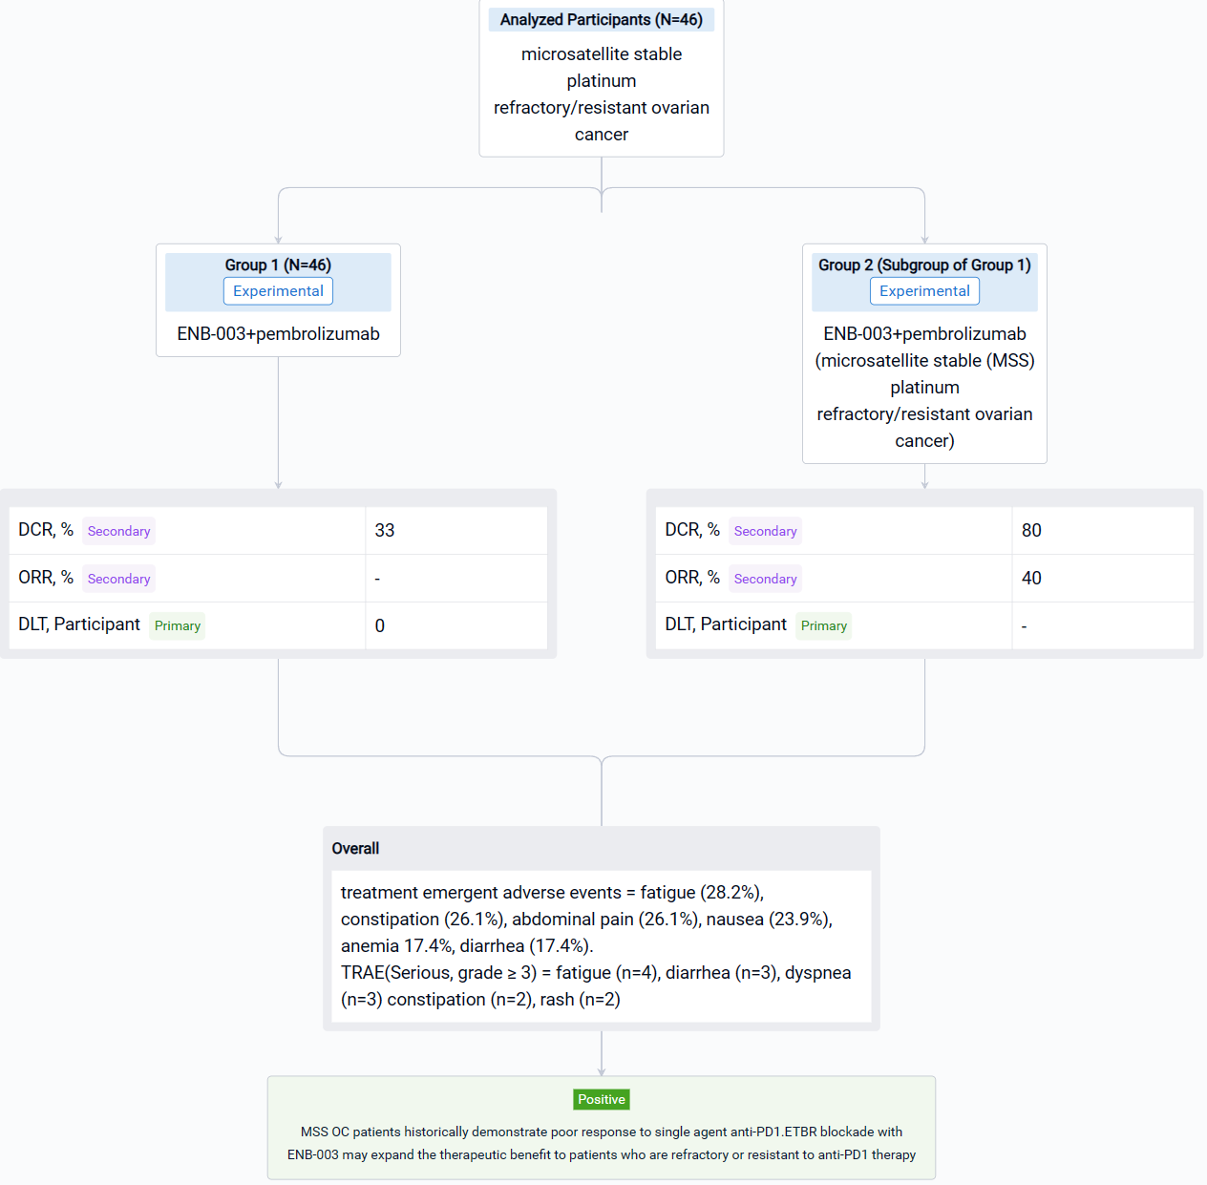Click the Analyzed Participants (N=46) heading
point(602,19)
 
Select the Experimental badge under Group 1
point(278,291)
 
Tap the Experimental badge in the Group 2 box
point(924,291)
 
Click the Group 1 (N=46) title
point(278,265)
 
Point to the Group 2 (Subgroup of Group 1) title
point(924,265)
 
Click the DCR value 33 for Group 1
point(385,530)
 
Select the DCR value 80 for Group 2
point(1031,530)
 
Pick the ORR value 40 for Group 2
point(1031,578)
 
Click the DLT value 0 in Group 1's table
point(380,625)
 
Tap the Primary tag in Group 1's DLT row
point(178,625)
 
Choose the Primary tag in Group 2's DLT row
point(824,625)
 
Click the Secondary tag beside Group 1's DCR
point(119,531)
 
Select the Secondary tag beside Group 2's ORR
point(766,579)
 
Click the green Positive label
point(602,1099)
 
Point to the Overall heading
point(355,849)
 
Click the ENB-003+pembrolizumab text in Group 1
point(278,333)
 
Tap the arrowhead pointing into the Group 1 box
point(278,240)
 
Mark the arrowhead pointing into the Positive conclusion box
point(602,1072)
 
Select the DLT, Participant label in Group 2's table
point(726,624)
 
